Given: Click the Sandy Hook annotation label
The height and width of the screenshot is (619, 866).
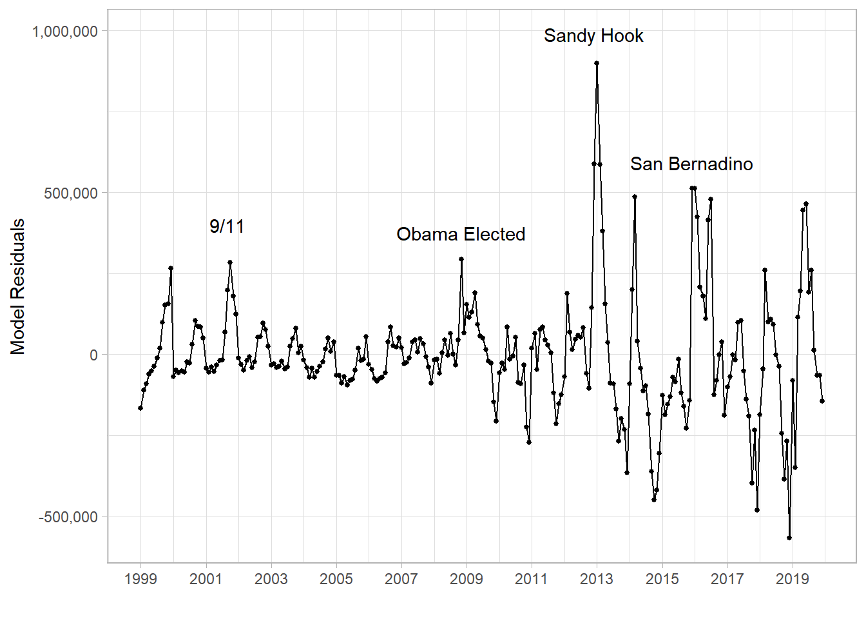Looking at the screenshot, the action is click(593, 36).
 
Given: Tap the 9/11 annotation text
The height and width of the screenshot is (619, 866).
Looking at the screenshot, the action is click(227, 226).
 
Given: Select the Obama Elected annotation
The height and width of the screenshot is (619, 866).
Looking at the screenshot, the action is click(461, 234).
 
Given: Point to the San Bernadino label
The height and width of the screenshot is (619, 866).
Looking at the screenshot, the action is click(691, 164).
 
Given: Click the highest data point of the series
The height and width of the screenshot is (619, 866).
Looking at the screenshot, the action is click(597, 63).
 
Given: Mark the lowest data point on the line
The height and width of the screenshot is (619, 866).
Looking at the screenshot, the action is click(789, 538).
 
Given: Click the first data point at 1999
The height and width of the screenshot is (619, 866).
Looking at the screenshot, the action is click(140, 408).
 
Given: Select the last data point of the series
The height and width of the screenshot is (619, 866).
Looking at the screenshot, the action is click(822, 401).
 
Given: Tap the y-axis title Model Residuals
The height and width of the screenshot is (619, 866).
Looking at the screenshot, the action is click(17, 287).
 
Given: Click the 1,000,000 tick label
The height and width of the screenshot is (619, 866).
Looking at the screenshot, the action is click(64, 32).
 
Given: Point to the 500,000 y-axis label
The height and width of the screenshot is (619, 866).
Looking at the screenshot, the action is click(71, 193).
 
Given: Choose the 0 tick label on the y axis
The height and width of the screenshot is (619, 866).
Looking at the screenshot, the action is click(94, 355).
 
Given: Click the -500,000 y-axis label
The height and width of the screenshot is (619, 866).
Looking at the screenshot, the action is click(68, 516).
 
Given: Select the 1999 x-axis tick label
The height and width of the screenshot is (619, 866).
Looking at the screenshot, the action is click(140, 579).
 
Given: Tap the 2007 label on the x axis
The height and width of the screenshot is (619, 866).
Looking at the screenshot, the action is click(401, 579).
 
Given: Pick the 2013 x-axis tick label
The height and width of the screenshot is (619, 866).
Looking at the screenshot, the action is click(597, 579).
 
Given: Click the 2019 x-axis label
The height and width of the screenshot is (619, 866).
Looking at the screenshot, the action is click(793, 579).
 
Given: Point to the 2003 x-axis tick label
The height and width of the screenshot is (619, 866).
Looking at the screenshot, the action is click(271, 579).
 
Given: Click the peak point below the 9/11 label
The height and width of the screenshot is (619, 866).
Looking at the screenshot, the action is click(230, 262).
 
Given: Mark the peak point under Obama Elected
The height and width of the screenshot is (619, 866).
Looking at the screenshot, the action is click(461, 259).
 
